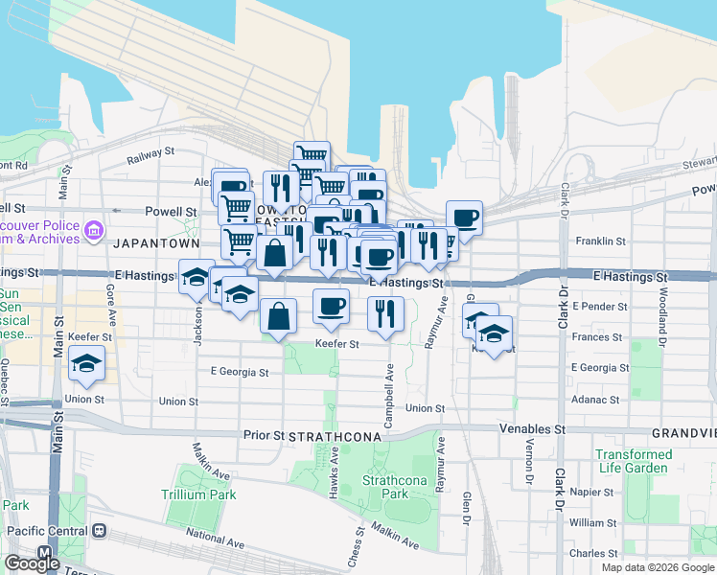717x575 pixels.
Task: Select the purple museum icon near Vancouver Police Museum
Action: [94, 230]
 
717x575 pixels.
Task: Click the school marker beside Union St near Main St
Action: [86, 364]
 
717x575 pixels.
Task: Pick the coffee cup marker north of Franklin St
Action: [464, 218]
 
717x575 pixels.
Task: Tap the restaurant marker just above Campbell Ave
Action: [385, 312]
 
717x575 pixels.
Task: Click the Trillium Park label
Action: [198, 494]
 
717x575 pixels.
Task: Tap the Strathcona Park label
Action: [385, 487]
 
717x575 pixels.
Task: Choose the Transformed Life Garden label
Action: [633, 461]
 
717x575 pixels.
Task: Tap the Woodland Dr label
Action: [661, 310]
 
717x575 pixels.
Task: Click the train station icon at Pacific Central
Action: [100, 530]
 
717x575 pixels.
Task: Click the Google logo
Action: [32, 563]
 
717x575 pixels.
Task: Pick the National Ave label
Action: [215, 535]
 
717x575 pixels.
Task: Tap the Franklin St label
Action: [600, 242]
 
